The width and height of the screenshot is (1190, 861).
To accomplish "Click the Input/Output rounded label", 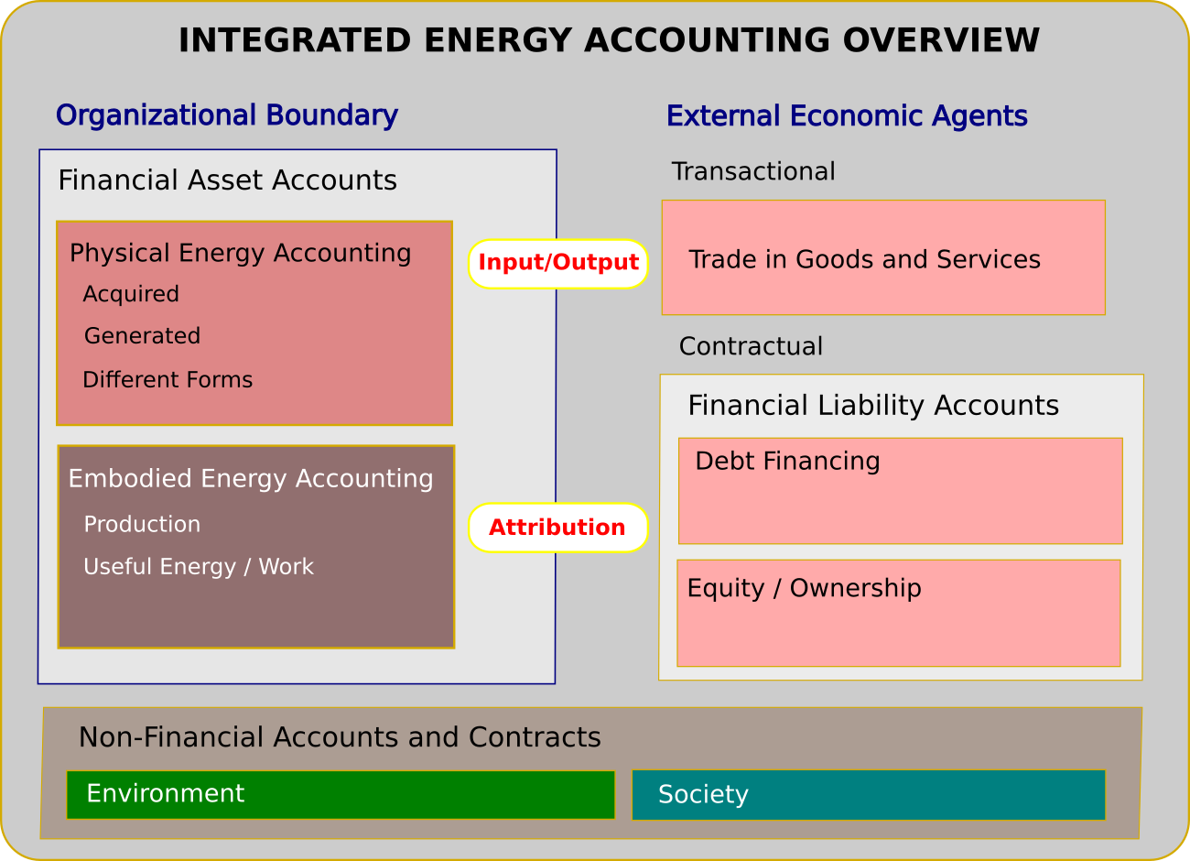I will pos(558,263).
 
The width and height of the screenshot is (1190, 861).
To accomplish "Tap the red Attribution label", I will pos(557,528).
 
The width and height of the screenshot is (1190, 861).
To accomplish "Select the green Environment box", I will pos(341,794).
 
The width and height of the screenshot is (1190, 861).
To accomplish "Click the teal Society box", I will pos(868,794).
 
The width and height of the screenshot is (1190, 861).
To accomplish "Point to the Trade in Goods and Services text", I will pos(864,259).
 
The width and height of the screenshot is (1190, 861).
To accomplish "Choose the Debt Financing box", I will pos(900,491).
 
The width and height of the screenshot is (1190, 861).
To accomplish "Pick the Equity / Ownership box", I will pos(898,613).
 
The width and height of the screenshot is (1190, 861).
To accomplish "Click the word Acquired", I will pos(131,294).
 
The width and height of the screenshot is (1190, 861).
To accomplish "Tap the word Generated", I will pos(142,336).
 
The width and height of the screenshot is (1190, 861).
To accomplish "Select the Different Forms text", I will pos(168,380).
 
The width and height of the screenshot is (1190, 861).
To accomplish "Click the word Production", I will pos(142,524).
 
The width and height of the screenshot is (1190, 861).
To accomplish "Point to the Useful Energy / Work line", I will pos(199,567).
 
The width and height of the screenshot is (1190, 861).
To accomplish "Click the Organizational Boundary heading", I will pos(226,115).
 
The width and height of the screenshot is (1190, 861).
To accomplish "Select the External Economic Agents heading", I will pos(847,116).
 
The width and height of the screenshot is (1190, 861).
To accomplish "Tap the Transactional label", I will pos(753,171).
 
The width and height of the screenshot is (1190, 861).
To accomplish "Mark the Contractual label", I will pos(751,346).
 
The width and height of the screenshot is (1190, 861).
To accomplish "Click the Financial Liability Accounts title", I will pos(873,405).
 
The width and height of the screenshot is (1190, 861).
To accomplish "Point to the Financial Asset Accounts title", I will pos(227,180).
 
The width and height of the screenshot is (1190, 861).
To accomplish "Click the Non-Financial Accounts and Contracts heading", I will pos(340,737).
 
